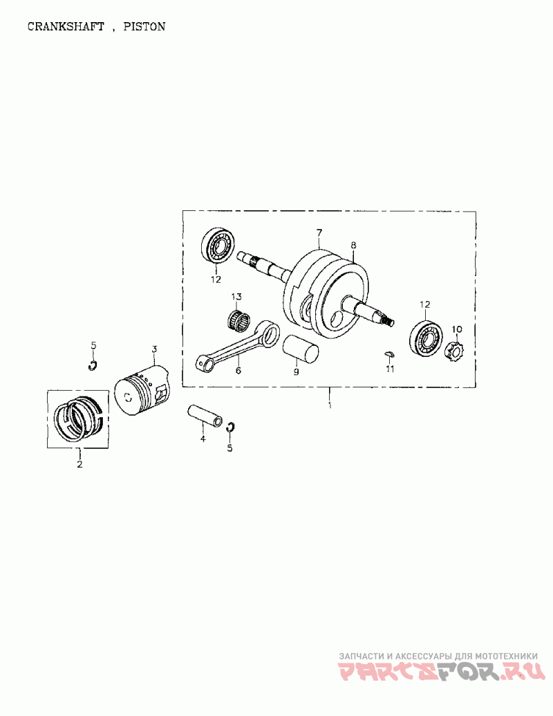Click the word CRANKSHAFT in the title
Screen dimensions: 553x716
click(x=66, y=26)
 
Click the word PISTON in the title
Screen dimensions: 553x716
click(x=144, y=26)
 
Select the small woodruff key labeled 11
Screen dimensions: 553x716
click(x=389, y=354)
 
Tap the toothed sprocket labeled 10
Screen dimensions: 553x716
click(x=454, y=351)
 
